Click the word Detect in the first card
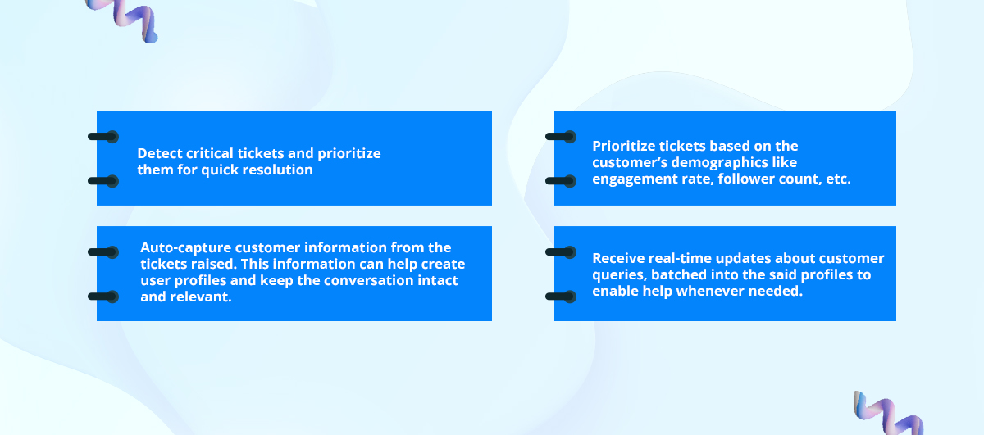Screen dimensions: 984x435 tap(160, 153)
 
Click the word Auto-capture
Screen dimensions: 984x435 tap(186, 248)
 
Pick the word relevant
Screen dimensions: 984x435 tap(201, 297)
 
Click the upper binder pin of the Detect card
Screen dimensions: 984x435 tap(103, 137)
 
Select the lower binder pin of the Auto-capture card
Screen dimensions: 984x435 tap(103, 297)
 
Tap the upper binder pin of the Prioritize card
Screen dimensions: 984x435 tap(561, 137)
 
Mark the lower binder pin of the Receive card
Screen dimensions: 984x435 tap(561, 297)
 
